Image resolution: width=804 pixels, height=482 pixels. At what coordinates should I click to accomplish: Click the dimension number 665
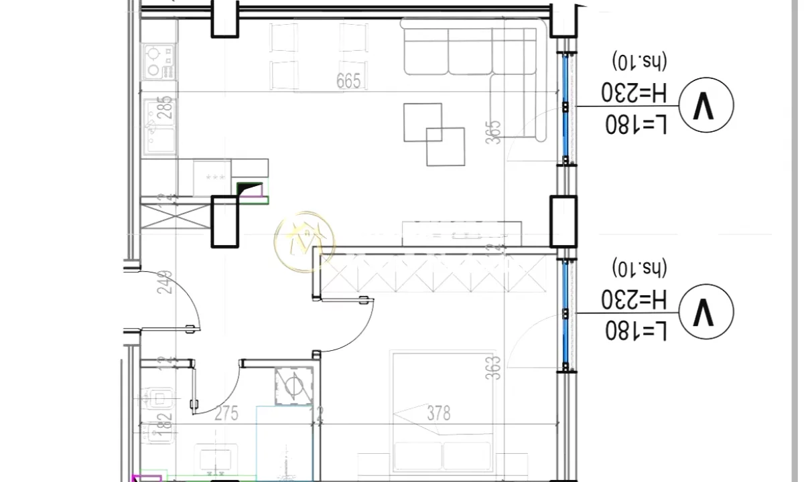[348, 82]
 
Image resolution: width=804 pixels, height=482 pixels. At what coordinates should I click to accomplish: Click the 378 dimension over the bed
[439, 413]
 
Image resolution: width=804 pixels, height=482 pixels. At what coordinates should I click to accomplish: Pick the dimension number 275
[226, 413]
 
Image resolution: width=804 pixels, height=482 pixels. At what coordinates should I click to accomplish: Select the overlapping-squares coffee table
[433, 134]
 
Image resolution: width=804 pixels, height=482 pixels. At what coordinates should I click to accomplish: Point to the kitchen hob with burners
[159, 60]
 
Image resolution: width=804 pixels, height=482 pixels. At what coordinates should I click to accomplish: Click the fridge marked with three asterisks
[215, 177]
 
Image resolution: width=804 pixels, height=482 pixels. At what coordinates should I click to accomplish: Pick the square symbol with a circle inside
[293, 386]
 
